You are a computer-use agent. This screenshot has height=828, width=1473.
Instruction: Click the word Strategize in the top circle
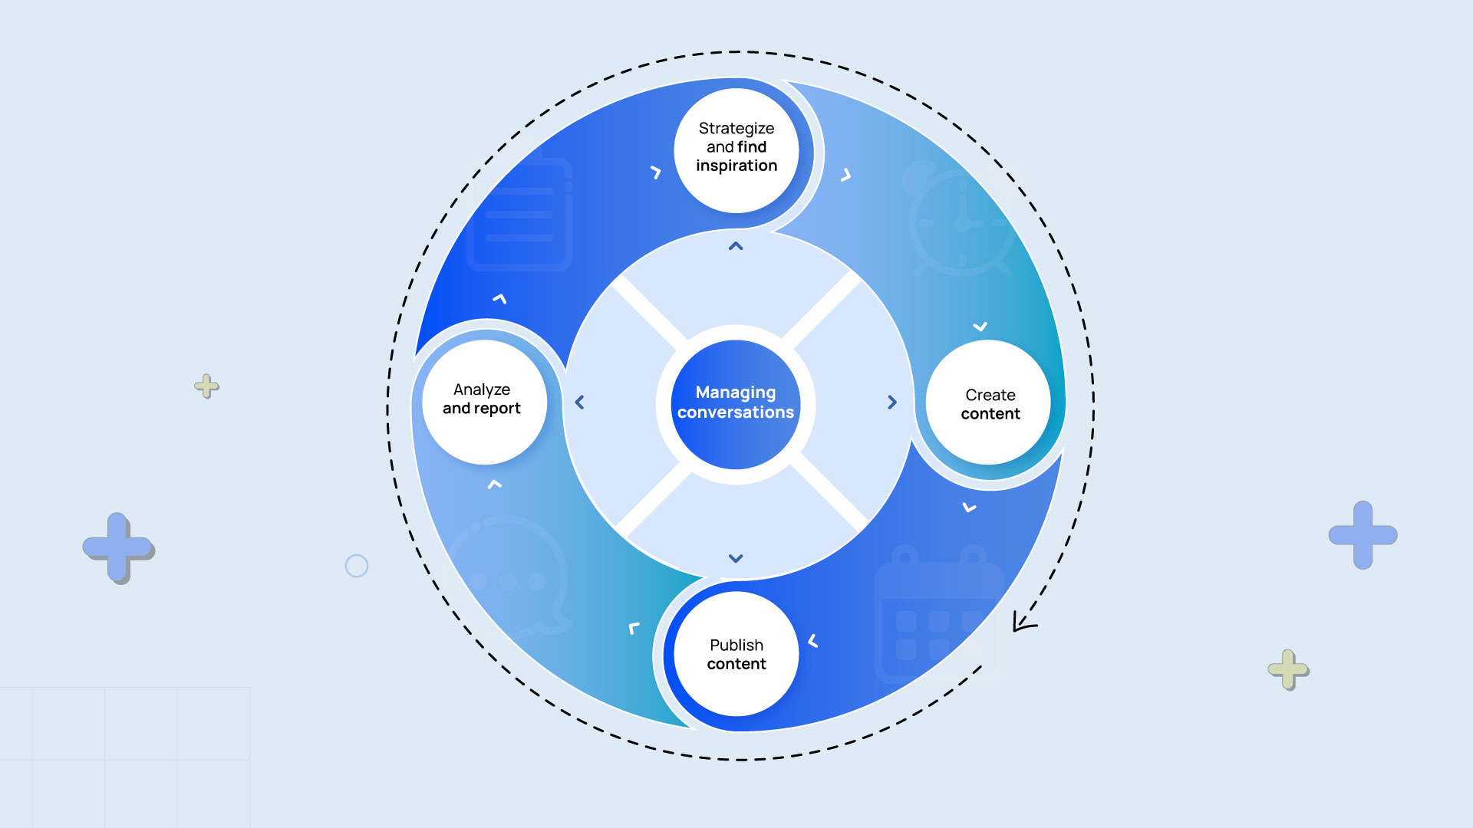[736, 128]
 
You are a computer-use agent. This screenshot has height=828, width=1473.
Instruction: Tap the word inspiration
[736, 166]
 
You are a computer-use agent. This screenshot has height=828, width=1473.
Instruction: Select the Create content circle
[989, 403]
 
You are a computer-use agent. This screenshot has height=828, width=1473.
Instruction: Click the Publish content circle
[736, 654]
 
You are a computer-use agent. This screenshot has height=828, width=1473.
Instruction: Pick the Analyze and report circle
[483, 402]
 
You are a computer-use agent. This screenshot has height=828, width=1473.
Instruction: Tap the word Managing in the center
[735, 392]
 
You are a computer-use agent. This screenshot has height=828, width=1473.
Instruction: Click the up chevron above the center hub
[736, 246]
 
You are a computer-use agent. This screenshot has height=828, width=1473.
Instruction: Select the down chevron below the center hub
[736, 559]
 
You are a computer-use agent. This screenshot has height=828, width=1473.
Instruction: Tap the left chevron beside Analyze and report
[580, 402]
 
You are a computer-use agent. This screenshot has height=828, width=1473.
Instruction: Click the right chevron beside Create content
[891, 402]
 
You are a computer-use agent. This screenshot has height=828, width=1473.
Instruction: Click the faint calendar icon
[938, 613]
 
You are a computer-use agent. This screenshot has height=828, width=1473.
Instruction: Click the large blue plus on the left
[118, 547]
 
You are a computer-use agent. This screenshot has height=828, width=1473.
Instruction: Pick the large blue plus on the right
[1363, 534]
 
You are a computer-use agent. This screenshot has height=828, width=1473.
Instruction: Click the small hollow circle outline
[357, 566]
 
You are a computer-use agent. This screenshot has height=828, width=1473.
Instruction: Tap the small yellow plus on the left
[206, 386]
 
